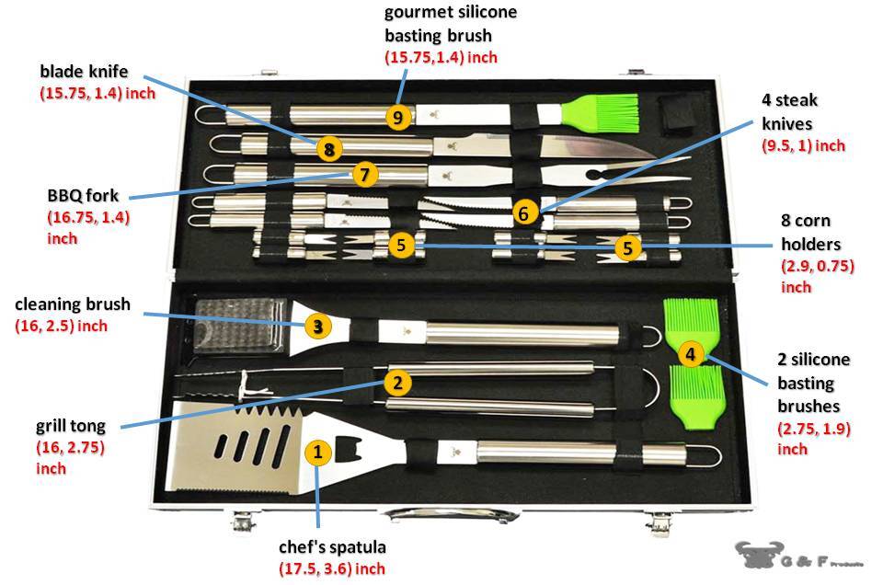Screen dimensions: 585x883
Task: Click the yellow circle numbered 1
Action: click(317, 453)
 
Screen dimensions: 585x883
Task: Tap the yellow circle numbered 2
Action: click(397, 382)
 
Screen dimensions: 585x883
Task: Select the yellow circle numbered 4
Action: click(691, 352)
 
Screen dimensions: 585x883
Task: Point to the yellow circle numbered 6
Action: click(523, 213)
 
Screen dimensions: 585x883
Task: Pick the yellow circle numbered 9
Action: click(397, 117)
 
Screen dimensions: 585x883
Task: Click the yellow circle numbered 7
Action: click(364, 174)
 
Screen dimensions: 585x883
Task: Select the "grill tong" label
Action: click(71, 427)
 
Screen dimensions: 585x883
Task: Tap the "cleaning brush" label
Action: click(73, 304)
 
